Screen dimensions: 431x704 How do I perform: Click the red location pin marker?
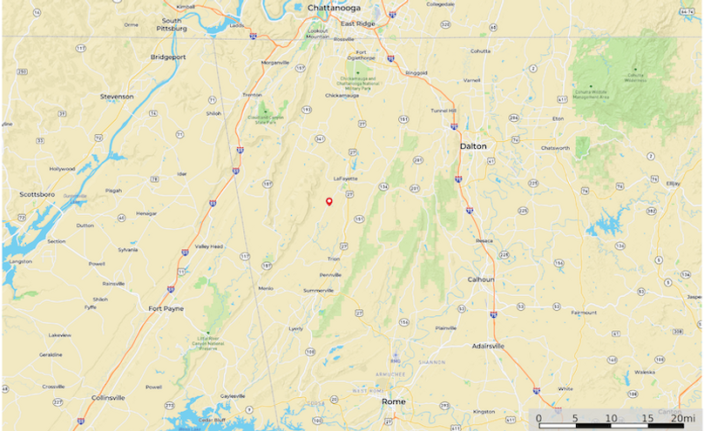coord(329,202)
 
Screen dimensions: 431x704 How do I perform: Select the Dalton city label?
coord(472,145)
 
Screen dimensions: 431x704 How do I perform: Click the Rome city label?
coord(394,401)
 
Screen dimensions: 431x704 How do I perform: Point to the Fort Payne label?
coord(166,308)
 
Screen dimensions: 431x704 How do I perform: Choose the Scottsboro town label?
coord(37,194)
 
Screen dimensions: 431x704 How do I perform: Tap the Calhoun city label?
coord(480,279)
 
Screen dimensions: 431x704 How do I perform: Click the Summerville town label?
coord(319,290)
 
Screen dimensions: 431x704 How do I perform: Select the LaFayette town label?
coord(346,178)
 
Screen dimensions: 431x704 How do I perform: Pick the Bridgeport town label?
coord(168,57)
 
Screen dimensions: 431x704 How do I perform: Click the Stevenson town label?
coord(117,96)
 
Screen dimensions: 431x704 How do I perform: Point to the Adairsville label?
coord(488,346)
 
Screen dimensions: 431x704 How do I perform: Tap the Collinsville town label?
coord(108,397)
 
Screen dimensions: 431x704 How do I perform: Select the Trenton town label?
coord(252,95)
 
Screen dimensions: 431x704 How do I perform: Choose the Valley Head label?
coord(208,246)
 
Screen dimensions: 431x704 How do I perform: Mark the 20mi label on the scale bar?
coord(681,419)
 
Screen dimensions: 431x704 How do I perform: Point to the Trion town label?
coord(334,259)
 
